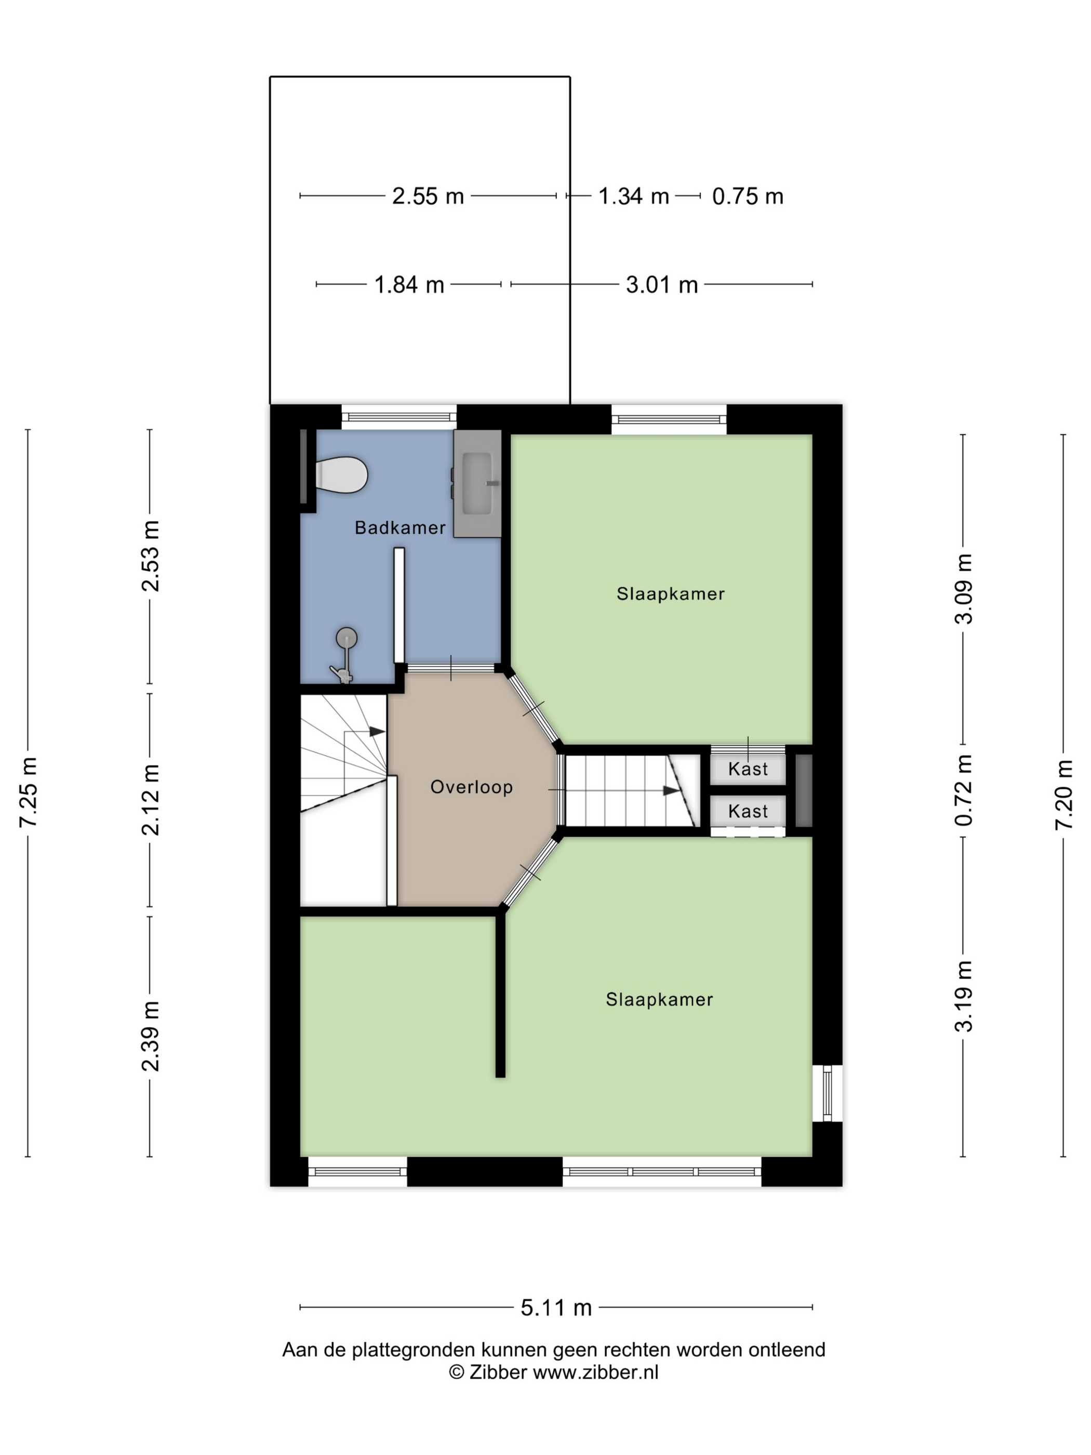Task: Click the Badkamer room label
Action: pyautogui.click(x=400, y=527)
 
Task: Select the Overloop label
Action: pyautogui.click(x=472, y=787)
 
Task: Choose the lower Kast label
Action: pyautogui.click(x=748, y=811)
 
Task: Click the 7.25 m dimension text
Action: pyautogui.click(x=28, y=792)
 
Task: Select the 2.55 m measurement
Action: pyautogui.click(x=428, y=196)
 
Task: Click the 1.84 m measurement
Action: pyautogui.click(x=409, y=285)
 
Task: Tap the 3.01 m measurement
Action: pyautogui.click(x=661, y=285)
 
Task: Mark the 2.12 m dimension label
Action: pyautogui.click(x=151, y=800)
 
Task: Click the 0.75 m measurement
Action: pyautogui.click(x=748, y=196)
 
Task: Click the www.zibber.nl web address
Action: pyautogui.click(x=595, y=1372)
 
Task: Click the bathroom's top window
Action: pyautogui.click(x=398, y=417)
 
